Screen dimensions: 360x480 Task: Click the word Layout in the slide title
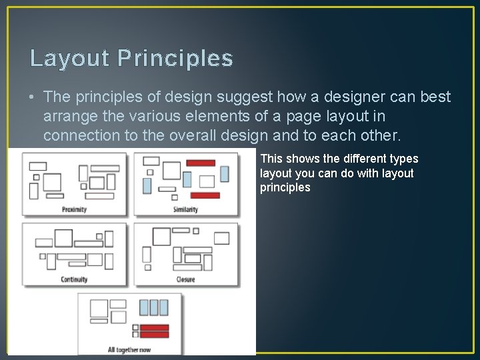[69, 59]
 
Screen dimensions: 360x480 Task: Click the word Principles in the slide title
[176, 59]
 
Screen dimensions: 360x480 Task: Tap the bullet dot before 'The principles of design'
[33, 97]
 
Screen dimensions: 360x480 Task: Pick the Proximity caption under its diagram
[74, 209]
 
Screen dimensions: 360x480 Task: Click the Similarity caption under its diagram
[185, 209]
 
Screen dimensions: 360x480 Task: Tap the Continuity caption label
[74, 279]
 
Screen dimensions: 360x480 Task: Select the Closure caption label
[185, 279]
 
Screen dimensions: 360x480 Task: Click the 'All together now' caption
[129, 349]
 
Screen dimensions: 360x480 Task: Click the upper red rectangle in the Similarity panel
[200, 163]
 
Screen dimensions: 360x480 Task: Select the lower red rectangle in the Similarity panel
[205, 195]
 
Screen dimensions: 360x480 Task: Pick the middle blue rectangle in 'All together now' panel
[154, 307]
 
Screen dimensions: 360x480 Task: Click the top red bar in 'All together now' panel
[154, 327]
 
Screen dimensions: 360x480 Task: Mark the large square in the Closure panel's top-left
[161, 236]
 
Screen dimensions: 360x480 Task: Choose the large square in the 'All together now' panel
[99, 308]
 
